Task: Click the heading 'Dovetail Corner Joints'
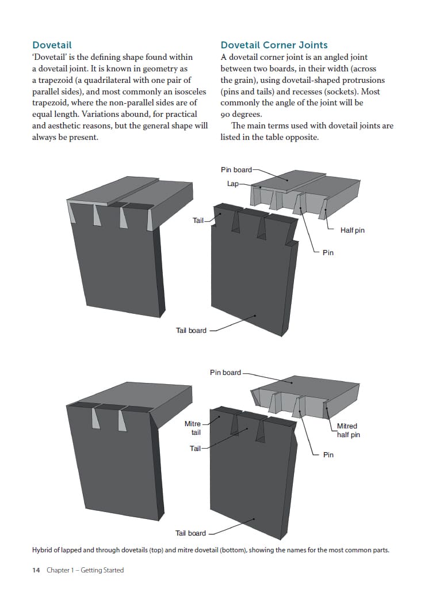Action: (274, 45)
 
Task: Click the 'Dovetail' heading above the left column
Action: (52, 45)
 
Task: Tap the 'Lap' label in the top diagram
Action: (232, 183)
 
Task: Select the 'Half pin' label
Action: (352, 230)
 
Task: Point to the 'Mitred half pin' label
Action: (347, 430)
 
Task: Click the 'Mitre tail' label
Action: (193, 428)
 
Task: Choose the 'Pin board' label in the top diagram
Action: (236, 169)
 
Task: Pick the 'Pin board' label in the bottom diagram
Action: (225, 373)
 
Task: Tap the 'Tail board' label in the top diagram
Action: (190, 331)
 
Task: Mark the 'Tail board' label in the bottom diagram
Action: (190, 533)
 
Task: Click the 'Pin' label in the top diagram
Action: (328, 252)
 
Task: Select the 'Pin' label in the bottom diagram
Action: (328, 455)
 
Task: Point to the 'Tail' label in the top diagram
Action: (198, 221)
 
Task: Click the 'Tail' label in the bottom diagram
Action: (195, 448)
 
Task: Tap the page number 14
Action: (36, 570)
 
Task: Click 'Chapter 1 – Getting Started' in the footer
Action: (85, 570)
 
